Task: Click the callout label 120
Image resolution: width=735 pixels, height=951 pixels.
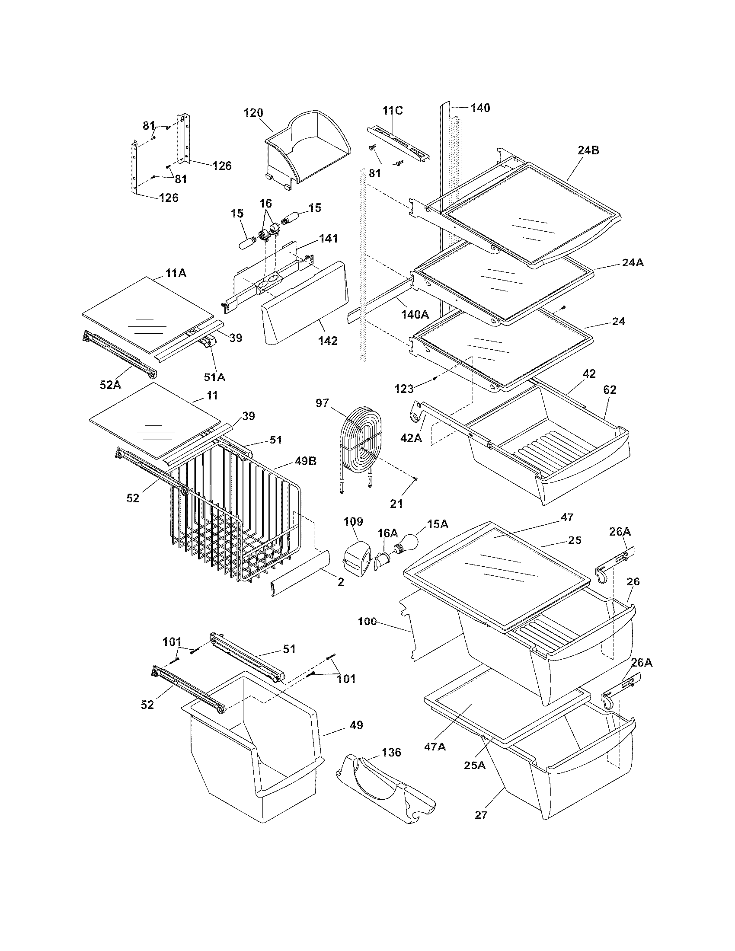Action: (x=253, y=113)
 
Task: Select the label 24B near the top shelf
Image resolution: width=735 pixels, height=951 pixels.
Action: (x=589, y=151)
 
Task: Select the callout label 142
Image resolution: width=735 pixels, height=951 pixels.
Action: (x=327, y=341)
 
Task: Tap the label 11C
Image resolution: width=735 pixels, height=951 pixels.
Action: (x=393, y=111)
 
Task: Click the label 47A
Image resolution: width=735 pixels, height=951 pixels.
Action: (x=435, y=747)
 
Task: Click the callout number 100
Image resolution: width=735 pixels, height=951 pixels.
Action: (x=367, y=621)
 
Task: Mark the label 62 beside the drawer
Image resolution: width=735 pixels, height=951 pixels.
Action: (x=610, y=390)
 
